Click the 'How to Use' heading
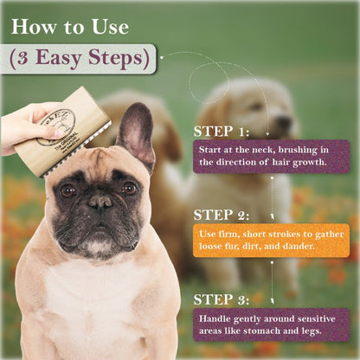pos(70,26)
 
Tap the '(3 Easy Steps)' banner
pos(79,59)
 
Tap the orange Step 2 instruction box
pos(270,239)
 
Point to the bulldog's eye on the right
pos(127,188)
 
